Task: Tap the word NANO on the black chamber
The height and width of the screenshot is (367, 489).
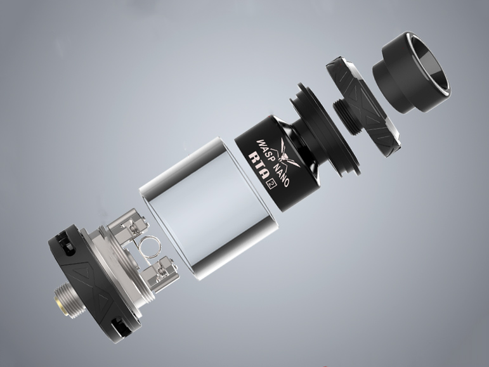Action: click(281, 175)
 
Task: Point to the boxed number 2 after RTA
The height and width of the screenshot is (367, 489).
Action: click(268, 184)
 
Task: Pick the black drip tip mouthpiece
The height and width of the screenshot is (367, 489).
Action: click(412, 72)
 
